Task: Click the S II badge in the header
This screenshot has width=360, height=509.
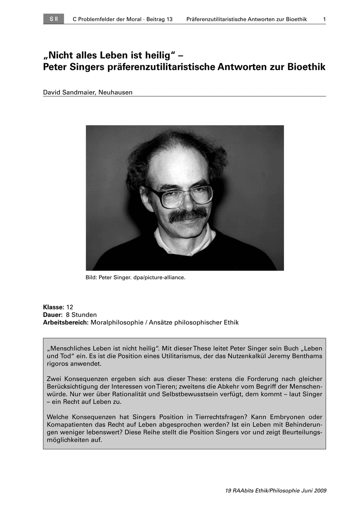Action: click(x=53, y=19)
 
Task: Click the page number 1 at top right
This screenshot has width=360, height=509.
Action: click(x=324, y=20)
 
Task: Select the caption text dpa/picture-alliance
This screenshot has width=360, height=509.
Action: click(x=160, y=278)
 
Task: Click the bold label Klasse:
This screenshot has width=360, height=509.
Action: click(x=53, y=307)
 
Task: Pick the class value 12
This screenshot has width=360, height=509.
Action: click(x=70, y=307)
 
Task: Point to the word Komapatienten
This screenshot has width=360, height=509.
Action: click(x=67, y=425)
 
